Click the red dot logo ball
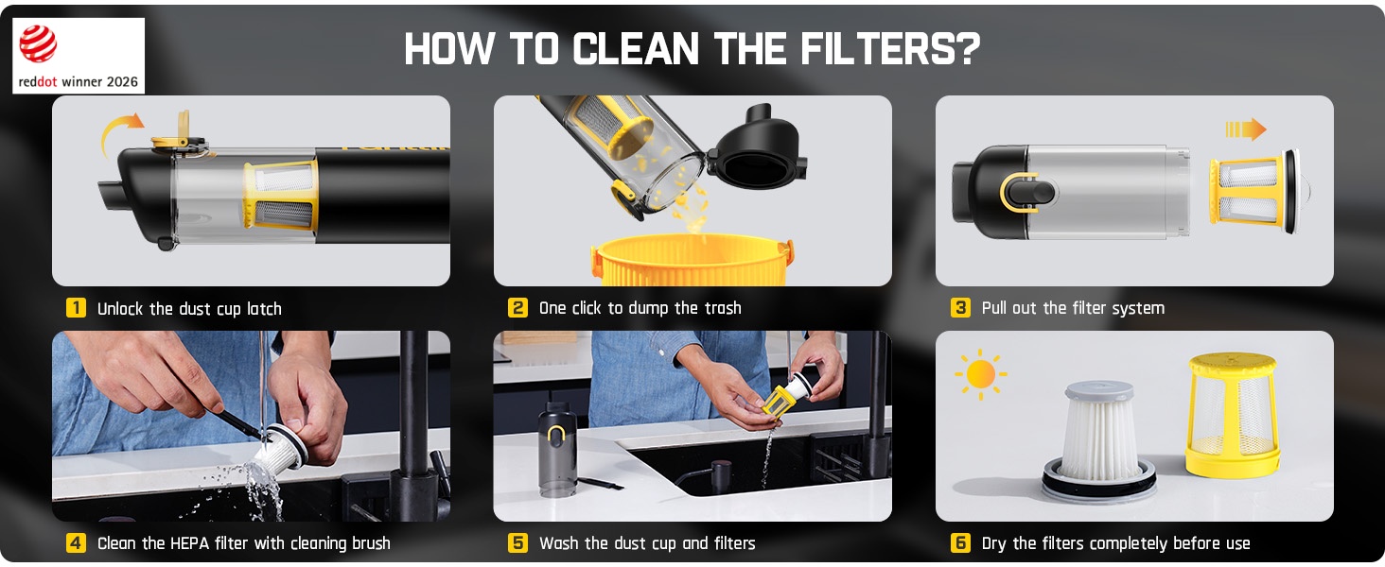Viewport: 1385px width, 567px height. [38, 43]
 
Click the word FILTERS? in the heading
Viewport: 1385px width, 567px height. [890, 49]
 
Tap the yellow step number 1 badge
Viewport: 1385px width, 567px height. [76, 307]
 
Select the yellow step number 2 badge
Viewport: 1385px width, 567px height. [517, 307]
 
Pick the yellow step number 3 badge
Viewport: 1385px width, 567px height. [960, 307]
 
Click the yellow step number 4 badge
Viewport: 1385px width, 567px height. [76, 543]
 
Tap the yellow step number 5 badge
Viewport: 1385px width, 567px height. [517, 543]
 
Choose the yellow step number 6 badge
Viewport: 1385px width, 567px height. [960, 543]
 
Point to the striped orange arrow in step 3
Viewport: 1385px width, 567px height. [1246, 129]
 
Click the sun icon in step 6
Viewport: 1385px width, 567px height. [981, 374]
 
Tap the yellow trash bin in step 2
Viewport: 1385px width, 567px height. [692, 260]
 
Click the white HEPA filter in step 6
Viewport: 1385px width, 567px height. [1098, 440]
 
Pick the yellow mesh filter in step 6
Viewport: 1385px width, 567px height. [1233, 415]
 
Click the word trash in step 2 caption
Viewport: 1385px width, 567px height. [719, 307]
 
